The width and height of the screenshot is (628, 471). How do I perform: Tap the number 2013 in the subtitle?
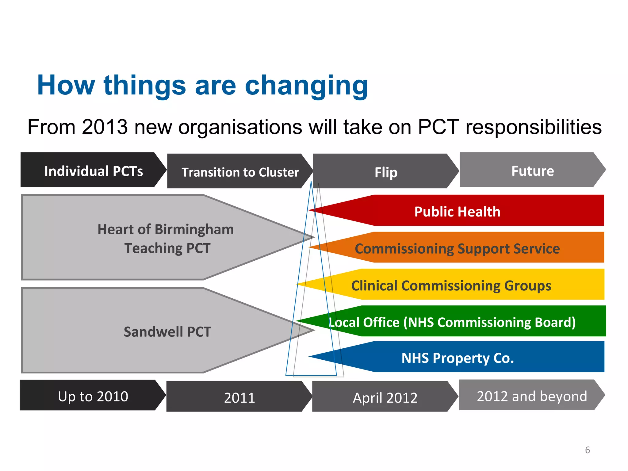click(x=105, y=127)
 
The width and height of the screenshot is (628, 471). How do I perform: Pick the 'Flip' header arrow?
click(x=386, y=172)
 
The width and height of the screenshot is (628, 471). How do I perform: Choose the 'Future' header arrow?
click(x=532, y=170)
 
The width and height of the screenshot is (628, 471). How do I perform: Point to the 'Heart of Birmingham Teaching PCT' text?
click(x=166, y=238)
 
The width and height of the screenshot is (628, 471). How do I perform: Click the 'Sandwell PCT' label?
click(x=167, y=331)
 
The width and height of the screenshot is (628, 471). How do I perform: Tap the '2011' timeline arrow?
click(x=239, y=397)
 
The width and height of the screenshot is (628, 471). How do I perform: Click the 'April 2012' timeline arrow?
click(x=385, y=397)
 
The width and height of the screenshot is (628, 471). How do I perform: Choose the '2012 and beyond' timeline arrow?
click(x=531, y=396)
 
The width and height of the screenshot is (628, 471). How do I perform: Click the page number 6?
click(x=587, y=450)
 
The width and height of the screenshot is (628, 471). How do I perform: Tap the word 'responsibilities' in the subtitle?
click(x=533, y=127)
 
